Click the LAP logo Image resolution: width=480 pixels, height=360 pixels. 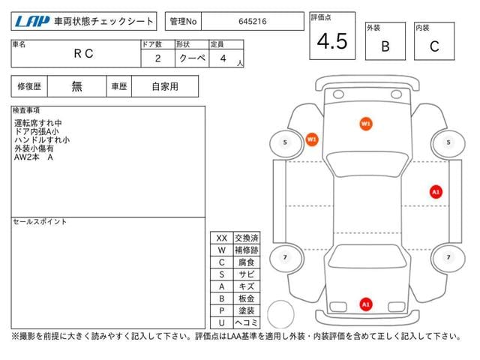32,21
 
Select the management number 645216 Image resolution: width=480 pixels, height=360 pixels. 253,22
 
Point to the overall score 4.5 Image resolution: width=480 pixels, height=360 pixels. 332,41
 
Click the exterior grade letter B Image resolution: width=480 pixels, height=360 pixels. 385,46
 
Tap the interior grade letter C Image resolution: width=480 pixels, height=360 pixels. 434,46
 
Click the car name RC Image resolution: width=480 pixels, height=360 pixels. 83,53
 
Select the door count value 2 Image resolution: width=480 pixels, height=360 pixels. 157,58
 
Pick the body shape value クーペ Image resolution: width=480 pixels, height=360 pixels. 192,58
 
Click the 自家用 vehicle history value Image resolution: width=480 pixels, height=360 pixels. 165,87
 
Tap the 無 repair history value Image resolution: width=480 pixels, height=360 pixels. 76,87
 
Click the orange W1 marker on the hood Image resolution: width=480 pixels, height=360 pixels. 366,124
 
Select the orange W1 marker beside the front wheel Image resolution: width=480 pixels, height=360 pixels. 312,139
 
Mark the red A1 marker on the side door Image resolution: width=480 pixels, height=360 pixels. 436,192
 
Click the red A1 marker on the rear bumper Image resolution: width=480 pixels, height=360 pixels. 366,304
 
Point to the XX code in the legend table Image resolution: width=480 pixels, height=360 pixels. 222,238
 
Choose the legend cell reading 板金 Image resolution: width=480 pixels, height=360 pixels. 247,298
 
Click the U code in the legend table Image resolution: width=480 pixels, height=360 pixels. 222,322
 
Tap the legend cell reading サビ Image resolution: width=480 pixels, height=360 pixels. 247,274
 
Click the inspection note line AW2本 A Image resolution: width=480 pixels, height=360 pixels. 34,157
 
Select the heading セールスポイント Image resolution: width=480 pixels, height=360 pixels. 40,221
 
